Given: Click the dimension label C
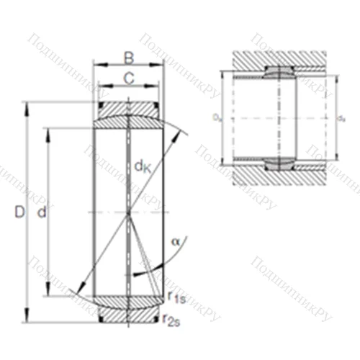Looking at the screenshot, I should pyautogui.click(x=129, y=77).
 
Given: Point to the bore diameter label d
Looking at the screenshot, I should pyautogui.click(x=41, y=213).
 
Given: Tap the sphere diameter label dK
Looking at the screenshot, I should pyautogui.click(x=142, y=168).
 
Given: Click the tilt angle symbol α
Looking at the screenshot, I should pyautogui.click(x=175, y=241).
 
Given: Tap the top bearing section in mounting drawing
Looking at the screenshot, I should pyautogui.click(x=279, y=72).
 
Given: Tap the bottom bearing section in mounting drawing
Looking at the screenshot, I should pyautogui.click(x=279, y=162).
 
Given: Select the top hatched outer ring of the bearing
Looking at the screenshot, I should pyautogui.click(x=128, y=109).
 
